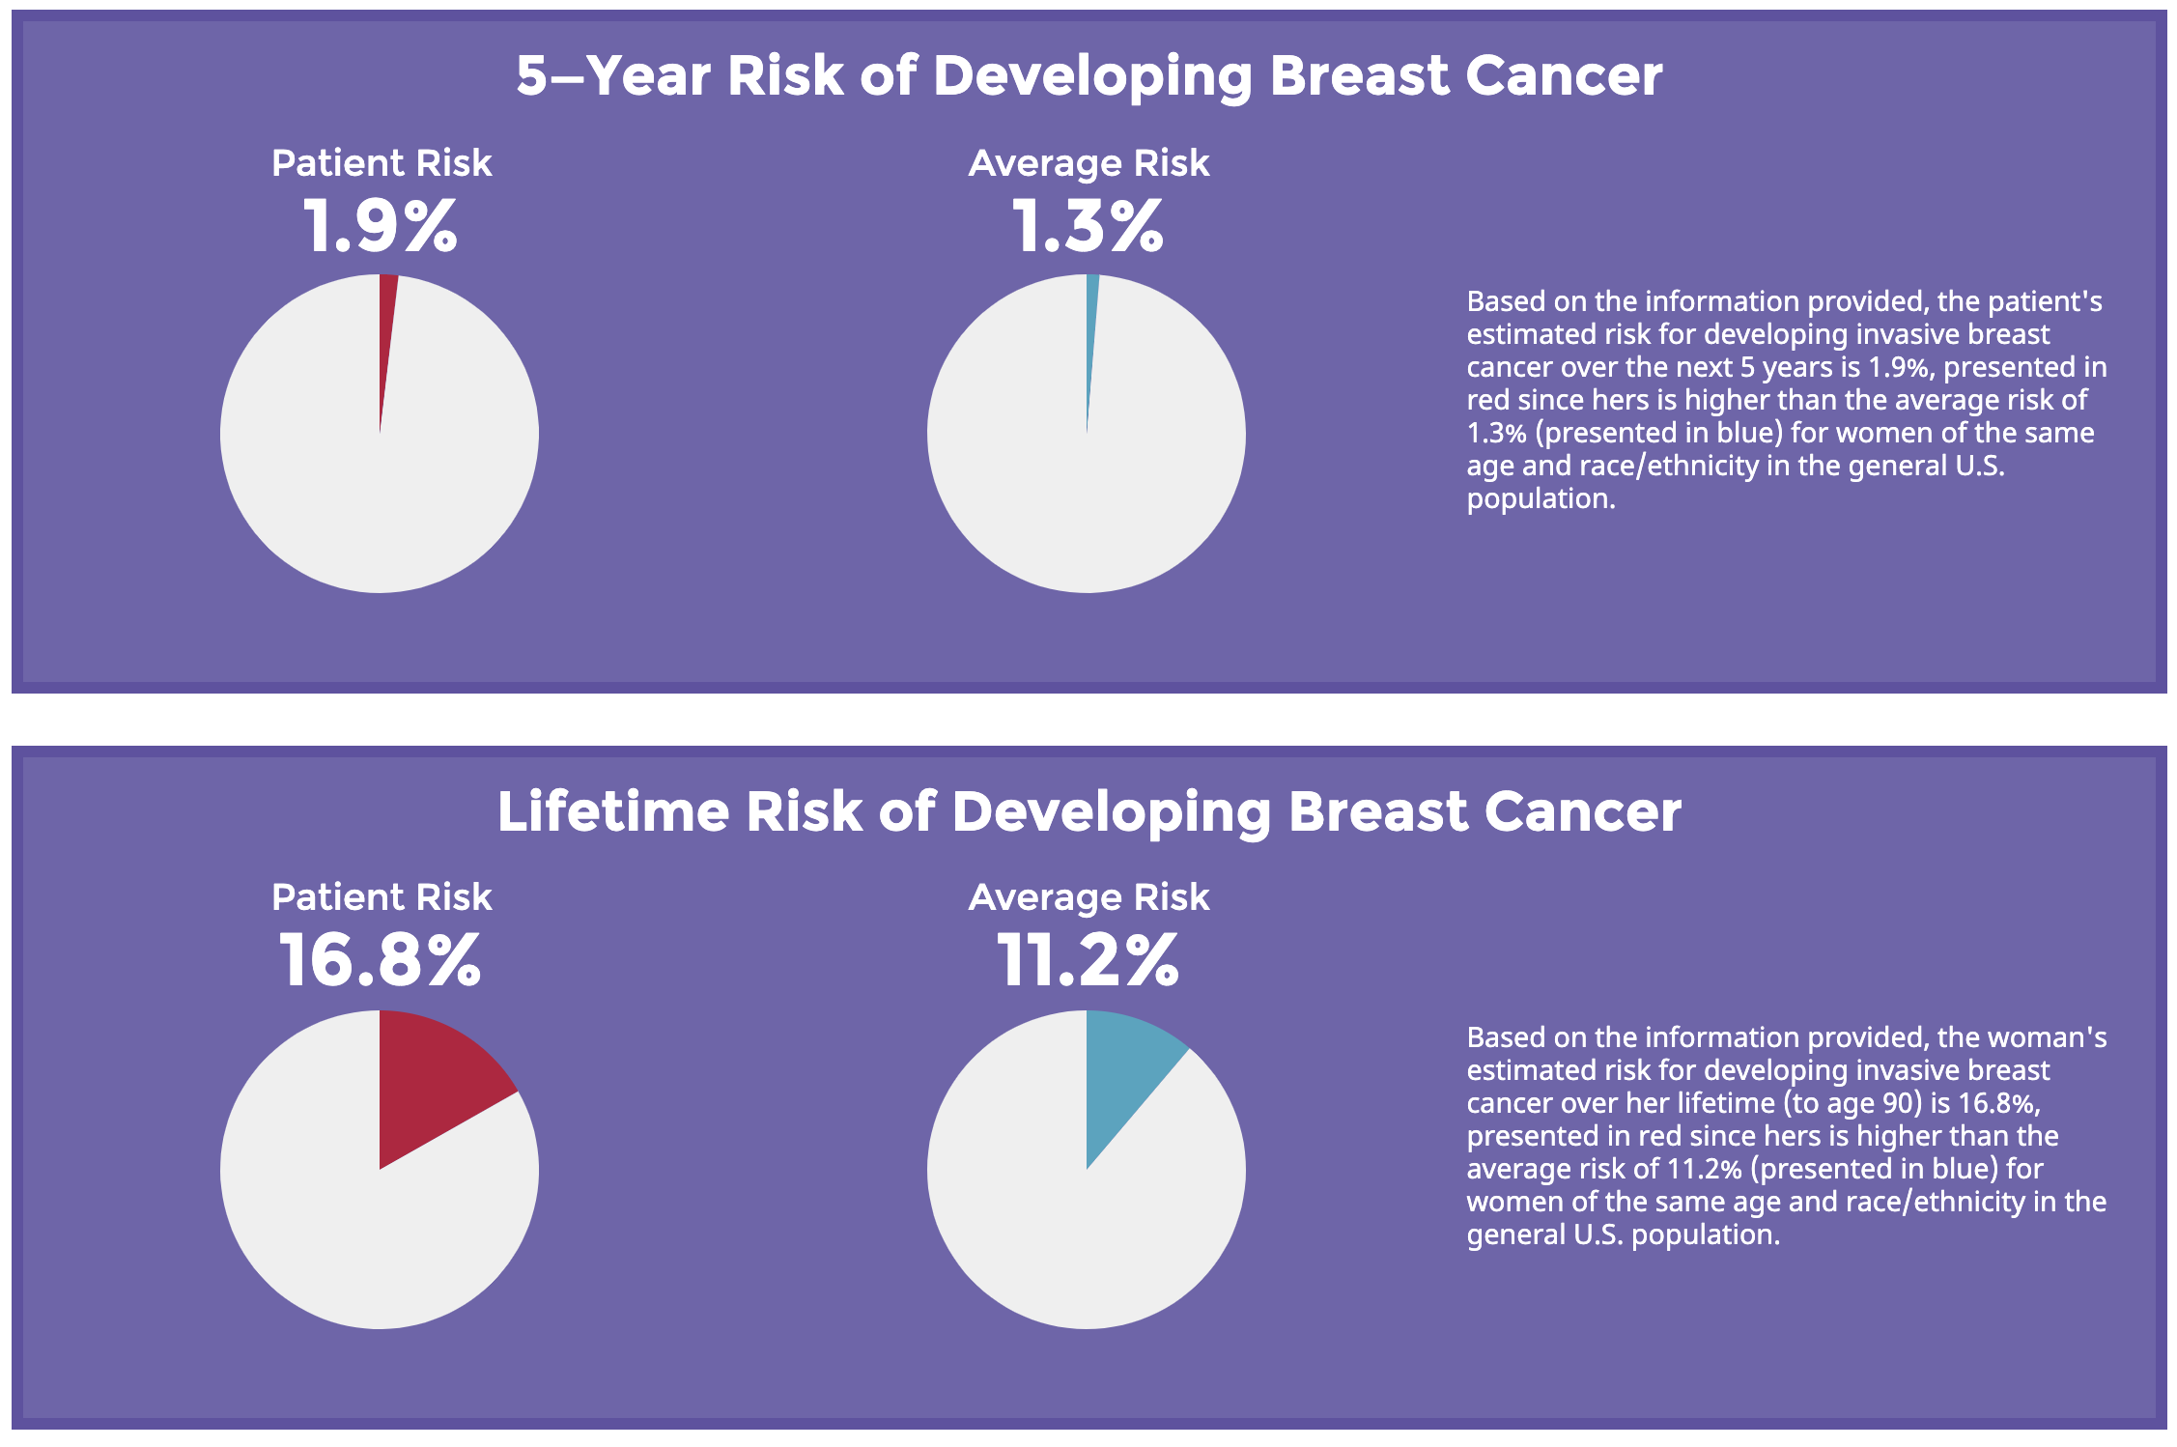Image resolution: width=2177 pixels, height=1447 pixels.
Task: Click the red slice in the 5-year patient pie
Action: (x=387, y=319)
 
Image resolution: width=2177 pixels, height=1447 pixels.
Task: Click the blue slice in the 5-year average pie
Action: (x=1091, y=319)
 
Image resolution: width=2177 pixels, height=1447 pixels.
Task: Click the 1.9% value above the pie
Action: (x=381, y=227)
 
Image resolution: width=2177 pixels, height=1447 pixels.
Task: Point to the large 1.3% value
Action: (x=1088, y=227)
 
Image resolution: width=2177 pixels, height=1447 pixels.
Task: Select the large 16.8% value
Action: (x=380, y=960)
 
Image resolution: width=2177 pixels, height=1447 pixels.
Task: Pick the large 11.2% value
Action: (x=1088, y=960)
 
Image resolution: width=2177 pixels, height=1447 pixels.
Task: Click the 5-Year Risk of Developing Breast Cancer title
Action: (x=1089, y=75)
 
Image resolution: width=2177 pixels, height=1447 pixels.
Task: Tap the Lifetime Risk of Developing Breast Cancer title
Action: (x=1089, y=811)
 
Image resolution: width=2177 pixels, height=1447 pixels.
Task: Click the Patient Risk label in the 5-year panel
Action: (x=382, y=163)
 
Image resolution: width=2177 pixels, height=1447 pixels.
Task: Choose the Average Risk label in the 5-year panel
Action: (x=1088, y=164)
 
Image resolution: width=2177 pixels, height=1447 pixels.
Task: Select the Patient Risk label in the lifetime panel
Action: (x=382, y=897)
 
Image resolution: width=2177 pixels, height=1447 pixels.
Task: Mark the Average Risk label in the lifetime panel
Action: (x=1088, y=898)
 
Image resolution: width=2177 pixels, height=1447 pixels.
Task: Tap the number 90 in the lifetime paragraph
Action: (x=1901, y=1103)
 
